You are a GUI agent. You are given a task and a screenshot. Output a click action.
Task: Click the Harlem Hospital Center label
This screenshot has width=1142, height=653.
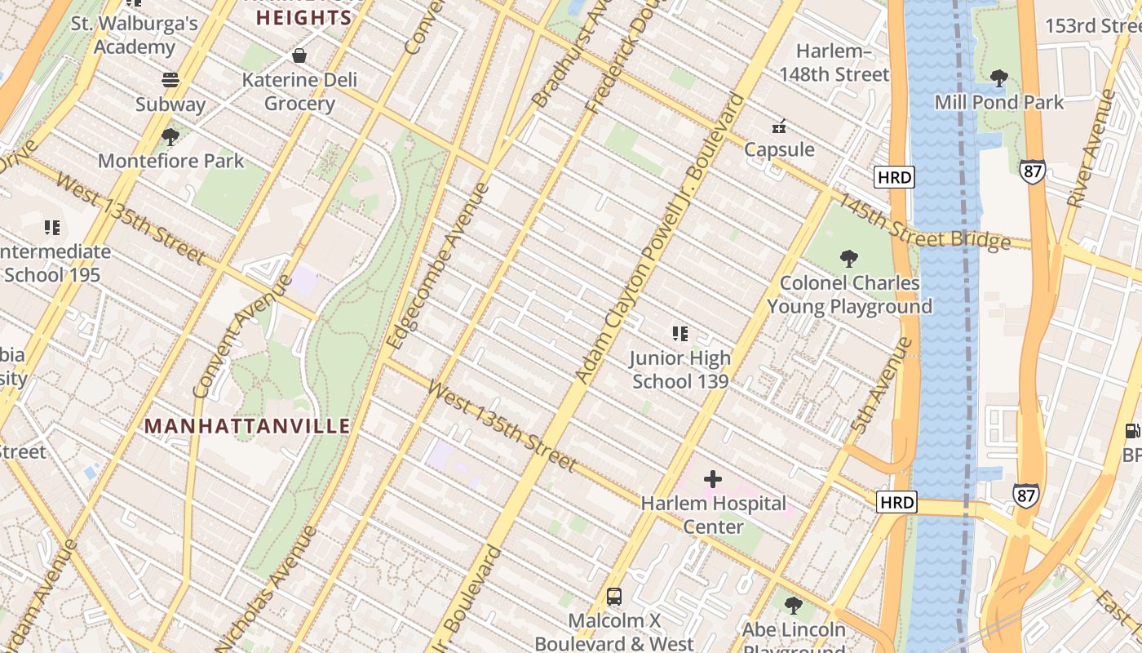coord(713,515)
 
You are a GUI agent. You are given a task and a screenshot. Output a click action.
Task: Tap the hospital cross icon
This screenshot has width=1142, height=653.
coord(713,479)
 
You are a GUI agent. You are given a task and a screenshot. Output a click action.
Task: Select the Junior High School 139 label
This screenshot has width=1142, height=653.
coord(680,370)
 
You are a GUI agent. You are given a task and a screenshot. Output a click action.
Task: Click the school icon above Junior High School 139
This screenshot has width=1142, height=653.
coord(680,333)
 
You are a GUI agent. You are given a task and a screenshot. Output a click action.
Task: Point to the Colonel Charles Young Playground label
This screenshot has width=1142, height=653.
coord(849,295)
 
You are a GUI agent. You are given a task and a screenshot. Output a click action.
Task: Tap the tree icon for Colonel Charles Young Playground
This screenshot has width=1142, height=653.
coord(849,259)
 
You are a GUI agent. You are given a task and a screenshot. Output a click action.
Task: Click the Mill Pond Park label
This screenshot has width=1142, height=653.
coord(999,102)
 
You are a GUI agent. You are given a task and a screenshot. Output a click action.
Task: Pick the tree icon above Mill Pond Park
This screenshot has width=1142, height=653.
coord(998,78)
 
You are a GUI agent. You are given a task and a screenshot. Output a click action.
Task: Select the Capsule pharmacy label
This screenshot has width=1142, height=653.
coord(779,149)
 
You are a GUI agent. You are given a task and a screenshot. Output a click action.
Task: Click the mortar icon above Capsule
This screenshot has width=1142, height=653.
coord(779,126)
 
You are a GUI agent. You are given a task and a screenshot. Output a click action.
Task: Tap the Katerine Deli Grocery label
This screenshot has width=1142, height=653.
coord(299,92)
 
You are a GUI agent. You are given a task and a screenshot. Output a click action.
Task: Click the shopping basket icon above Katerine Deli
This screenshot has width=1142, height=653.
coord(299,56)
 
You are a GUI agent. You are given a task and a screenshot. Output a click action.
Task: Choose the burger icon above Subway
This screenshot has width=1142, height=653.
coord(170,80)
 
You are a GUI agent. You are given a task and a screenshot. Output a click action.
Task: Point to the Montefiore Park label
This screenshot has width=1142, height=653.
coord(170,161)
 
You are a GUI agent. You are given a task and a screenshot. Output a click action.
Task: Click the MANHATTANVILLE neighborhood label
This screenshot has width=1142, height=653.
coord(247,426)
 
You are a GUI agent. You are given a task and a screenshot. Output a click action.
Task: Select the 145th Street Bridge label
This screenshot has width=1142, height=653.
coord(926,223)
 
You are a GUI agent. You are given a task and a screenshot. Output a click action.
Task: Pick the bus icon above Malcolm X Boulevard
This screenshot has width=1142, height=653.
coord(614,597)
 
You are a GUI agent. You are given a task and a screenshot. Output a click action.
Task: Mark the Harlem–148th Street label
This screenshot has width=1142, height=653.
coord(833,63)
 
